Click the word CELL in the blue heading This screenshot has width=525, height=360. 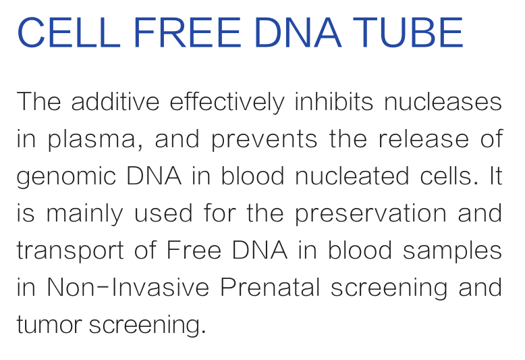[69, 32]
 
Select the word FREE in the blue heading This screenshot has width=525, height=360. [187, 32]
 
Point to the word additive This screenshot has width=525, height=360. [115, 101]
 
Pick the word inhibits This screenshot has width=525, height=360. [333, 101]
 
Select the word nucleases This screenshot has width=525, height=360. [443, 101]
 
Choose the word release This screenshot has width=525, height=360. [424, 138]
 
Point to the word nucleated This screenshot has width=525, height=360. [352, 176]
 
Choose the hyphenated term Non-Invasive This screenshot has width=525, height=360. [128, 287]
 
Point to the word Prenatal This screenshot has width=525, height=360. [270, 287]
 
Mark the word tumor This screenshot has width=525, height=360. [49, 324]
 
